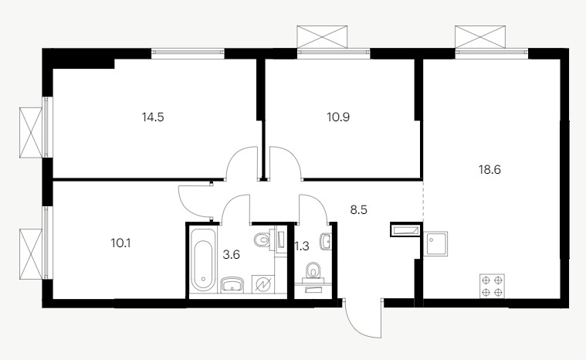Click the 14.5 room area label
click(153, 117)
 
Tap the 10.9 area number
click(338, 117)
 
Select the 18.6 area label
click(489, 170)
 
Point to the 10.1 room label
click(120, 243)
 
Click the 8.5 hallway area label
click(358, 209)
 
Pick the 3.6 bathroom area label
click(232, 255)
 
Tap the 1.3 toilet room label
click(303, 246)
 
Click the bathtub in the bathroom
click(203, 259)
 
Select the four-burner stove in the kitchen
click(492, 286)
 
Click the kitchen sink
click(435, 244)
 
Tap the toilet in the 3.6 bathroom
click(265, 239)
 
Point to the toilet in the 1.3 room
click(313, 270)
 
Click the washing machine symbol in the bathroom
click(263, 285)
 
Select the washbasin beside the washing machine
click(232, 284)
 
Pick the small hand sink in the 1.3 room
click(326, 242)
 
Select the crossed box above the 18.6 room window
click(480, 36)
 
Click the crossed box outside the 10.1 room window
click(31, 254)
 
